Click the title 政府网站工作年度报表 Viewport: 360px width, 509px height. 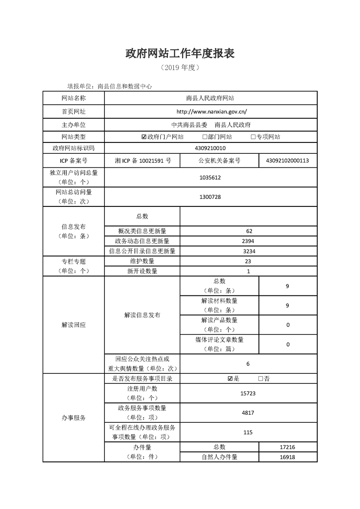tap(180, 54)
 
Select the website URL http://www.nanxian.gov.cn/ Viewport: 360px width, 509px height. tap(211, 111)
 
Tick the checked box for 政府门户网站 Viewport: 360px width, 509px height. tap(144, 137)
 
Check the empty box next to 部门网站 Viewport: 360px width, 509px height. tap(205, 137)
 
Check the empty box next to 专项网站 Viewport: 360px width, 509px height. tap(253, 137)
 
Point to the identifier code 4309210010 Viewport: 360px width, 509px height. tap(210, 148)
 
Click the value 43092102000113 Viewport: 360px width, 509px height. tap(288, 161)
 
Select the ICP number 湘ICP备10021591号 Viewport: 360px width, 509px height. tap(142, 161)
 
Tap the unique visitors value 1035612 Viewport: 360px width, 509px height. tap(210, 178)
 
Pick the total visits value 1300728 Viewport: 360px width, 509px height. tap(210, 197)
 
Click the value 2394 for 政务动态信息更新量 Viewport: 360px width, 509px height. tap(248, 241)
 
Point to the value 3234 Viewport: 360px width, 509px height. tap(248, 251)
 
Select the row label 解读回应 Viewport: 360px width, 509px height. tap(74, 325)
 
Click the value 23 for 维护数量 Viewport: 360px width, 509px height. tap(248, 261)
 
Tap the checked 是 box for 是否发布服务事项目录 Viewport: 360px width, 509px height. tap(230, 379)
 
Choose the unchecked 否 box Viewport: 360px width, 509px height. tap(261, 379)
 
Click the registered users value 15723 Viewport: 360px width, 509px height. tap(248, 393)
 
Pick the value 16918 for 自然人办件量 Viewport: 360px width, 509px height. tap(288, 457)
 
